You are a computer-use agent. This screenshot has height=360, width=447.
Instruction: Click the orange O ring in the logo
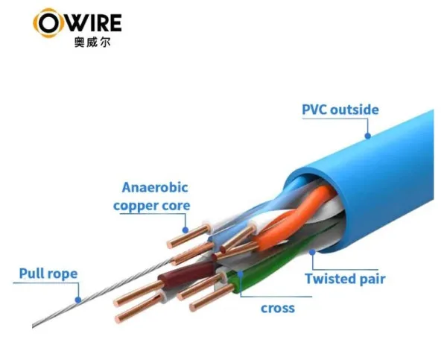tap(47, 23)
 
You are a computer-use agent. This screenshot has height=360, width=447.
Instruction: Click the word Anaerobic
tap(155, 188)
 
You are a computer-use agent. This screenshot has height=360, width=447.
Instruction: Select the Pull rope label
tap(48, 274)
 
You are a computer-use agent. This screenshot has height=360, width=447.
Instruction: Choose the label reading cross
tap(277, 307)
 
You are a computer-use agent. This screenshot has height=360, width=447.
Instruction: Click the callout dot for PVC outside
tap(367, 136)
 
